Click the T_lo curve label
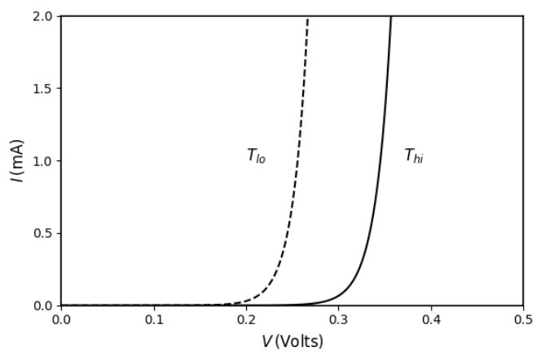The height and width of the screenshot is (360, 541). coord(256,156)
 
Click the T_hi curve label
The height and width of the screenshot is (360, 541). coord(414,156)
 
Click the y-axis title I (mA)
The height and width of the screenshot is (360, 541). coord(17,160)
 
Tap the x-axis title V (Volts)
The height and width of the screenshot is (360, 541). coord(292,341)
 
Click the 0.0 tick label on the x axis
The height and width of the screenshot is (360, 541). coord(61,319)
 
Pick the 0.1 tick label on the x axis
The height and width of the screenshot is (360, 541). coord(153,319)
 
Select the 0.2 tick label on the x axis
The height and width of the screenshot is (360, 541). coord(246,319)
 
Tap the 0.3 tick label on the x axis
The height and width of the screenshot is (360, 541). coord(338,319)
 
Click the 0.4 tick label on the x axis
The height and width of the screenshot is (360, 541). coord(431,319)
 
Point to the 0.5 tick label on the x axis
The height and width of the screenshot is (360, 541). coord(523,319)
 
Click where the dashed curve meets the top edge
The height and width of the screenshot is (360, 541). coord(308,17)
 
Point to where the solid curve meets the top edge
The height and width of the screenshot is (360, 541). coord(391,17)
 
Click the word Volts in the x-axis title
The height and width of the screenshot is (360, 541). coord(302,341)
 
